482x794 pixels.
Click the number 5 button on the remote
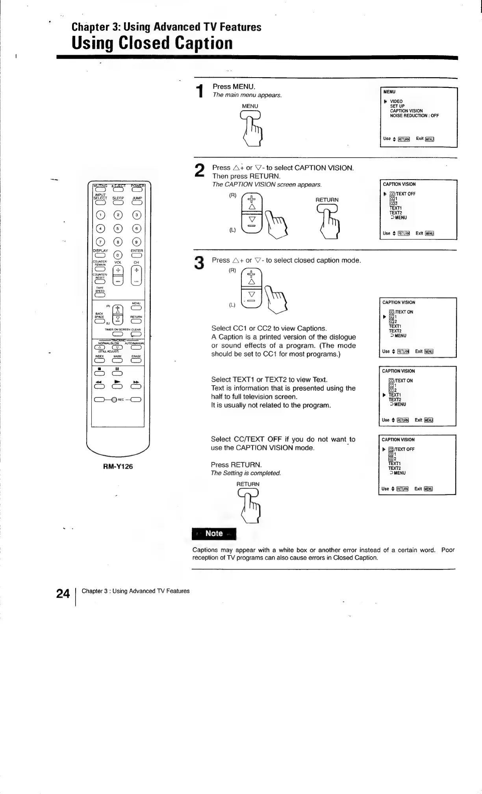[117, 229]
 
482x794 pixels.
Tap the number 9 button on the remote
[136, 242]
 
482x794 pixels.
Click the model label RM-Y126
[118, 466]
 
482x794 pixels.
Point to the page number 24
[63, 594]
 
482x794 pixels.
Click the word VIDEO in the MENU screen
[396, 102]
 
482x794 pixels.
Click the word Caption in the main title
[204, 43]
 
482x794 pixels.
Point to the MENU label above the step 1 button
[250, 106]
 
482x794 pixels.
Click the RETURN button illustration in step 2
[327, 209]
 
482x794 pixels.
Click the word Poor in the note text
[448, 550]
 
